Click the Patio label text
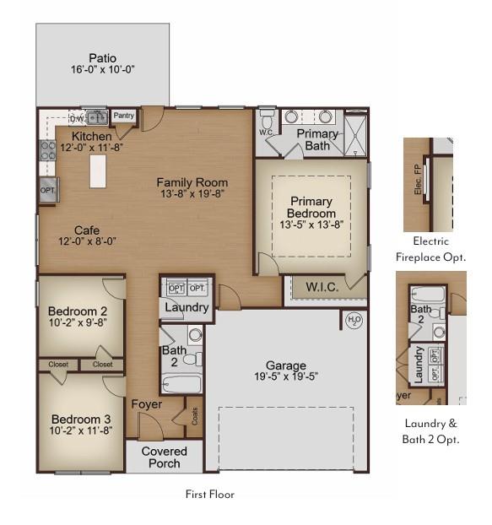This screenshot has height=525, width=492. point(103,58)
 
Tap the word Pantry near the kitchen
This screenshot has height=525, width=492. point(124,116)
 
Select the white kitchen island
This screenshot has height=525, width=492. point(98,170)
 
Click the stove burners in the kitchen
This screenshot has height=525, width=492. point(48,150)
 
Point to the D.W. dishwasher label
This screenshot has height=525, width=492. point(76,118)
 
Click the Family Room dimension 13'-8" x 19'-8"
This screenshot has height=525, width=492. point(192,193)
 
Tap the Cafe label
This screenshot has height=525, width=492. point(87,230)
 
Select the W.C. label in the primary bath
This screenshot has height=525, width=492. point(265,133)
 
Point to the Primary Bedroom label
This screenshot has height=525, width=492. point(311,208)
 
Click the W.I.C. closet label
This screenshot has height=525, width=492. point(322,287)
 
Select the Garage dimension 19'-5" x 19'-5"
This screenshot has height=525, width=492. point(286,376)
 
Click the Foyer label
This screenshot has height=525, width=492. point(146,404)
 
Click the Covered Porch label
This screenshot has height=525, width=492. point(165,457)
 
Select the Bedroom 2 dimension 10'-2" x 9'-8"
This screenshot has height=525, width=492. point(78,322)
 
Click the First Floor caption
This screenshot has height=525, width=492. point(209,494)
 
